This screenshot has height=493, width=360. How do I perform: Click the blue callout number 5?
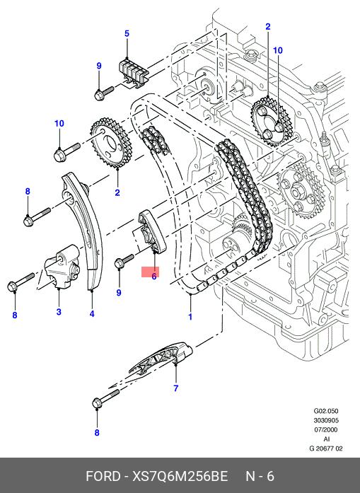pyautogui.click(x=127, y=34)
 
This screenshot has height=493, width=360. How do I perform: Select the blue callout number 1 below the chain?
pyautogui.click(x=190, y=316)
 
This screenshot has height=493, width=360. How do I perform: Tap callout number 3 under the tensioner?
pyautogui.click(x=59, y=312)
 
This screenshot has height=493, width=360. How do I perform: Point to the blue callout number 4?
pyautogui.click(x=92, y=313)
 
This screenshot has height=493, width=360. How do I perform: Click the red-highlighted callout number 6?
pyautogui.click(x=153, y=277)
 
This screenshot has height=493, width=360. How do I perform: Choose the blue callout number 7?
pyautogui.click(x=175, y=388)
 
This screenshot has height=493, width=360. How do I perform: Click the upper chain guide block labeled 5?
pyautogui.click(x=133, y=73)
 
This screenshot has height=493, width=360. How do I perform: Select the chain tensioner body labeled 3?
pyautogui.click(x=62, y=267)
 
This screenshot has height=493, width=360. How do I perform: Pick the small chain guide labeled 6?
pyautogui.click(x=151, y=232)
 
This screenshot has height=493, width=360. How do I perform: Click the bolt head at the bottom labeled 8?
pyautogui.click(x=98, y=403)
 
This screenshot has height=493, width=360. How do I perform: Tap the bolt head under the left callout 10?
pyautogui.click(x=59, y=156)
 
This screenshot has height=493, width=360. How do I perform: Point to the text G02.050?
pyautogui.click(x=326, y=411)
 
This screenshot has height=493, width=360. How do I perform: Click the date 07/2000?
pyautogui.click(x=326, y=429)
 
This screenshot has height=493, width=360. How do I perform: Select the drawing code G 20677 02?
pyautogui.click(x=326, y=448)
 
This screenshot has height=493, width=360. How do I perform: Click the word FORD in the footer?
pyautogui.click(x=103, y=476)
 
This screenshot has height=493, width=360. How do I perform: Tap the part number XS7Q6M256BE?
pyautogui.click(x=180, y=476)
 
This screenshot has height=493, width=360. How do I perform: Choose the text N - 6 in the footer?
pyautogui.click(x=260, y=476)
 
